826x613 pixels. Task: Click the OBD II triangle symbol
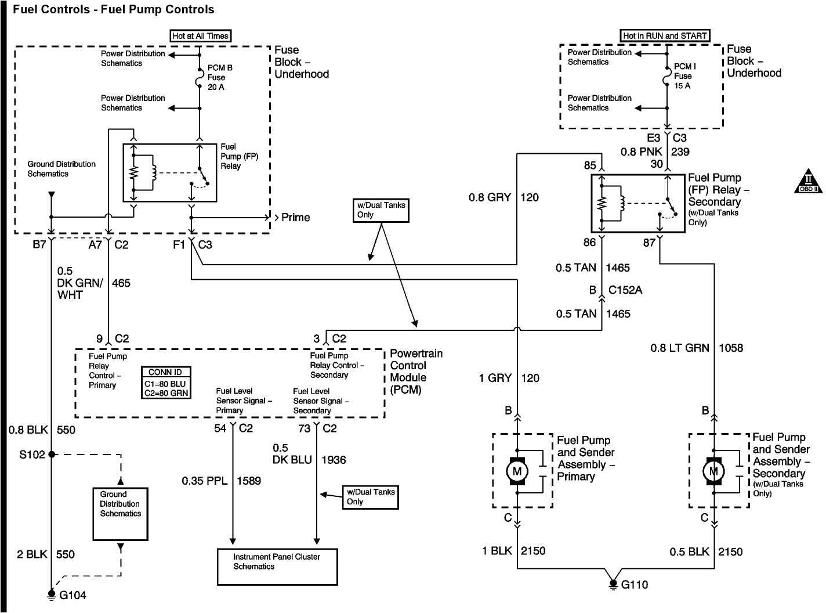[808, 181]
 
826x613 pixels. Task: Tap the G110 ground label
[634, 585]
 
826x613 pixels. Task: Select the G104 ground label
[73, 595]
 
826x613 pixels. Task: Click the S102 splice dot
[52, 455]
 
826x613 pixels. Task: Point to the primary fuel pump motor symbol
[517, 471]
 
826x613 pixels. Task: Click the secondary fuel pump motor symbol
[713, 471]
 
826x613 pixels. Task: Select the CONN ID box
[166, 383]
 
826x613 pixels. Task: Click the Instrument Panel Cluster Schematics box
[277, 567]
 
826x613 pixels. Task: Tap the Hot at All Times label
[200, 36]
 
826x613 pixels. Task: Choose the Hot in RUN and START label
[665, 36]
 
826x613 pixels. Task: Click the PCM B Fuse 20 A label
[220, 78]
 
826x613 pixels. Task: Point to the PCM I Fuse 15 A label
[685, 76]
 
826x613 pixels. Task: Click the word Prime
[296, 217]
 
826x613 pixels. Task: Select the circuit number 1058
[731, 348]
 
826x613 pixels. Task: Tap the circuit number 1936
[334, 460]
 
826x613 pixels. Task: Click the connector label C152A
[625, 290]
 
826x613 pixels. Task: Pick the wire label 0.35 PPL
[204, 481]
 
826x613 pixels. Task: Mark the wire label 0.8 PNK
[642, 152]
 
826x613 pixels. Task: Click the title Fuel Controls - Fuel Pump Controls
[114, 9]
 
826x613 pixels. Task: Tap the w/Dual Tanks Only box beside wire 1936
[371, 497]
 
